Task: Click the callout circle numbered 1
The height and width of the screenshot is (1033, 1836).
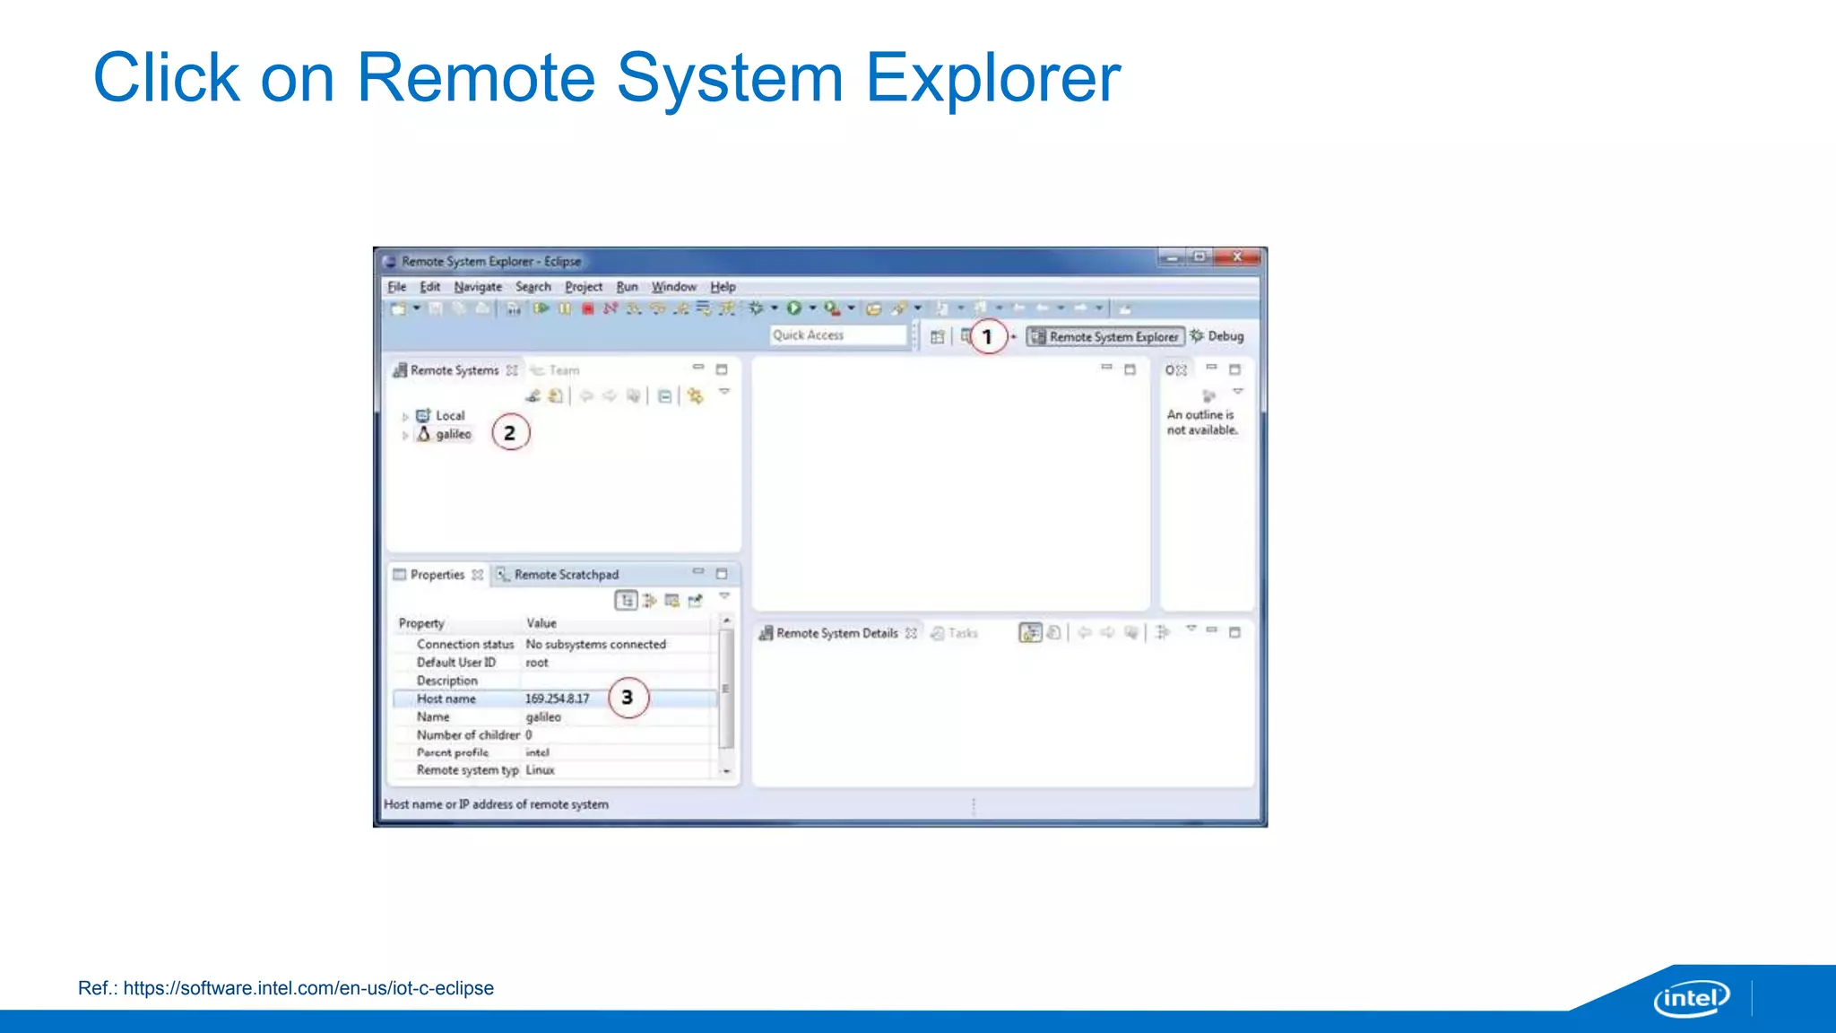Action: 988,336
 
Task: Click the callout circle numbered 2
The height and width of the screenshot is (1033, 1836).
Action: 510,433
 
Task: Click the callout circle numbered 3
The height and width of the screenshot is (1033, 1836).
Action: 628,697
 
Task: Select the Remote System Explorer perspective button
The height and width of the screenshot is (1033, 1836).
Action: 1105,336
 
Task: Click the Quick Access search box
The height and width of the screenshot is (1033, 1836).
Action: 837,335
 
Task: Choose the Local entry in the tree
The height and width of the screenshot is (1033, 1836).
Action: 449,415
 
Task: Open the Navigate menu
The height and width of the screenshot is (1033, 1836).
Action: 477,287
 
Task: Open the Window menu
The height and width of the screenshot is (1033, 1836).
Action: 673,287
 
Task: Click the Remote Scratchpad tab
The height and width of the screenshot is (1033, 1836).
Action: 565,575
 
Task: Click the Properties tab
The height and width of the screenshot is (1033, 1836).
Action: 437,575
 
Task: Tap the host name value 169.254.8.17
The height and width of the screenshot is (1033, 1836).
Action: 557,699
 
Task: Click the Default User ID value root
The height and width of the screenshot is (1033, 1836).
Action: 536,663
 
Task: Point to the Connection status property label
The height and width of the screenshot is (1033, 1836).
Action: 464,645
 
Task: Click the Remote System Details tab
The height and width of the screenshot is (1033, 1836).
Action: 836,633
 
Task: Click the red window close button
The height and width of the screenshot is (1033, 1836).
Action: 1237,257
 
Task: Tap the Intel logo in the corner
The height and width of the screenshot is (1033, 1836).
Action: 1691,998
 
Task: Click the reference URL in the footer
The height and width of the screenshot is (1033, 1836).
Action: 308,988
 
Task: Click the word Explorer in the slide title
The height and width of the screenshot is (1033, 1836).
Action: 992,78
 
